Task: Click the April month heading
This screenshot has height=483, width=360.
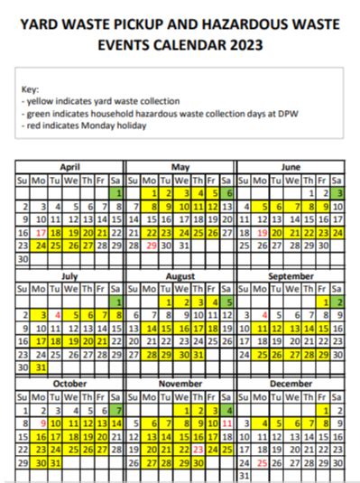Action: point(69,167)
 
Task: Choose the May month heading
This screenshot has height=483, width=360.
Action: point(180,167)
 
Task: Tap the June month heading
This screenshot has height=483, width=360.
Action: point(291,167)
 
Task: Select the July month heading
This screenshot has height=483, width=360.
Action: point(69,275)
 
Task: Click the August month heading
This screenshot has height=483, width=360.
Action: point(180,275)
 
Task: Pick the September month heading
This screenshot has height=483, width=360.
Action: point(291,275)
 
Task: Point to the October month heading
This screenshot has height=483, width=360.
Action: point(69,383)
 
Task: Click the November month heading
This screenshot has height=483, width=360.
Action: point(180,383)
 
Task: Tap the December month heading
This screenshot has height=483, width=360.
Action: point(291,383)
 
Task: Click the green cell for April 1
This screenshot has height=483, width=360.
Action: point(117,193)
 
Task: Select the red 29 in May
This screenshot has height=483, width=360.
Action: point(152,245)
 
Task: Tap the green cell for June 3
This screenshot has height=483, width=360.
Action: point(338,193)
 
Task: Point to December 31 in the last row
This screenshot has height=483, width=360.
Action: point(242,475)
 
